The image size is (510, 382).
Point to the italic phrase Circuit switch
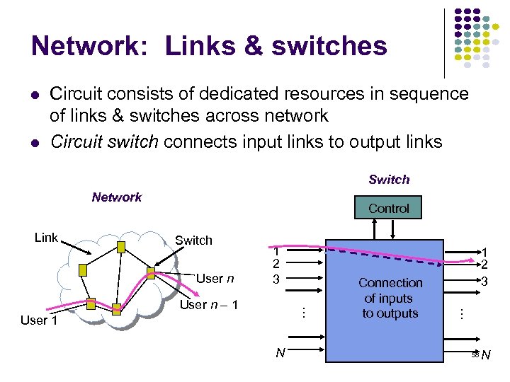104,141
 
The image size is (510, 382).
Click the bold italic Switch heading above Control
389,180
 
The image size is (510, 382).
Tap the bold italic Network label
117,197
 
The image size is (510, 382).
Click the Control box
389,208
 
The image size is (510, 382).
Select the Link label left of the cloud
46,238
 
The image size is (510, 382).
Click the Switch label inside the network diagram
193,241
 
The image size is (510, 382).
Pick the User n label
215,279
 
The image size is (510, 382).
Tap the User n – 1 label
209,305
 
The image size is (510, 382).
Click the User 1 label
39,320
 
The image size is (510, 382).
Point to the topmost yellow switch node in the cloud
121,246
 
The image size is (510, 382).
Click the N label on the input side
280,352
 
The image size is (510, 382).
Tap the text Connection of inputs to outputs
390,298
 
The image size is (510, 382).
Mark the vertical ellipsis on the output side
461,312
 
